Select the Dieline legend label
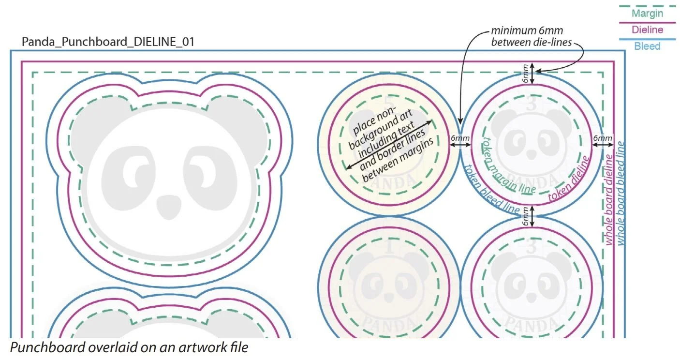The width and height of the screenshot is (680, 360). (647, 30)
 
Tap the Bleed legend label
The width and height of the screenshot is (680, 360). (647, 46)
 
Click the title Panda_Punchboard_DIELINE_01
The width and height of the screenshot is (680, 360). (108, 42)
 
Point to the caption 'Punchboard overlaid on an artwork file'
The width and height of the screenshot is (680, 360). (129, 348)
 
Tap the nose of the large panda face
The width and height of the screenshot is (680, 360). (169, 205)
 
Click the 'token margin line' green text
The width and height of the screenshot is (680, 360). (507, 165)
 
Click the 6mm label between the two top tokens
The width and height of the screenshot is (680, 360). (460, 139)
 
